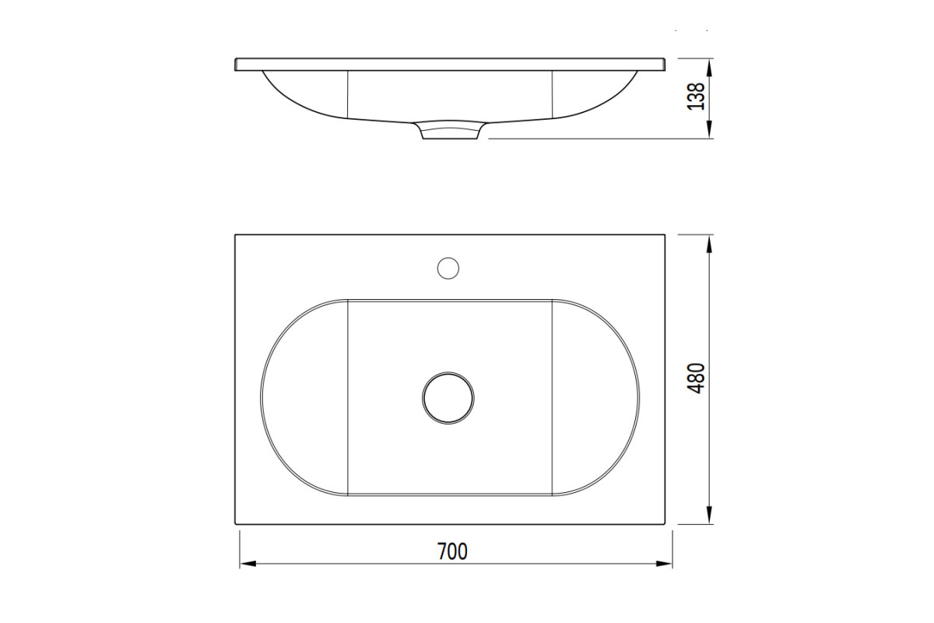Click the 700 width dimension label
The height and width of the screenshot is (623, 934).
click(x=452, y=551)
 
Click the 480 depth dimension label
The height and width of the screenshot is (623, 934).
click(x=696, y=378)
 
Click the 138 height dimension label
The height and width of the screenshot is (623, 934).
click(x=696, y=97)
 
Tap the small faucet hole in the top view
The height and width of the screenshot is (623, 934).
click(x=448, y=269)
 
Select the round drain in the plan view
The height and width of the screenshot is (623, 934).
click(x=448, y=398)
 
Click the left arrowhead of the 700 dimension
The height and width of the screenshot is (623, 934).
click(x=248, y=564)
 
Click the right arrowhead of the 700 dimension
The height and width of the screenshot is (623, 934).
click(x=664, y=564)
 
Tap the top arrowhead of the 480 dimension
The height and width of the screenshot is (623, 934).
click(x=709, y=244)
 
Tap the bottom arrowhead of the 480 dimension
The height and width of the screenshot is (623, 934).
click(x=709, y=516)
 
